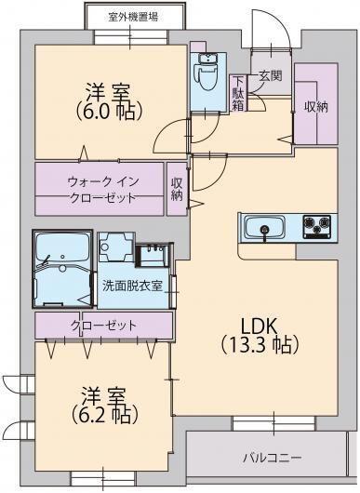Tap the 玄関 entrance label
click(271, 77)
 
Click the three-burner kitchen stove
click(315, 226)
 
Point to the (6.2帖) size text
click(102, 413)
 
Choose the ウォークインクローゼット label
click(101, 189)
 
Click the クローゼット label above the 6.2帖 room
click(103, 326)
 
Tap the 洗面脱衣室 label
click(133, 286)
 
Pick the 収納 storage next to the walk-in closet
click(177, 189)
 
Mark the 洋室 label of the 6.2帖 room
click(102, 391)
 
